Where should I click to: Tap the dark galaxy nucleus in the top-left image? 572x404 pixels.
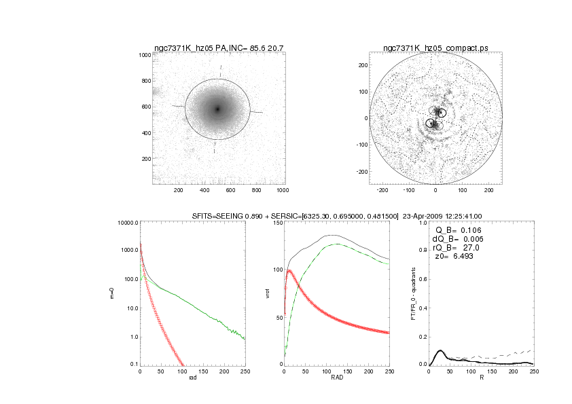[x=218, y=109]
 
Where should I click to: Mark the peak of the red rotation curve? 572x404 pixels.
[x=290, y=271]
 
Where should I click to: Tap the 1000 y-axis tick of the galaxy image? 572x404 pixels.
[x=145, y=54]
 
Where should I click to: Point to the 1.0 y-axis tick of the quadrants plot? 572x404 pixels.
[x=422, y=223]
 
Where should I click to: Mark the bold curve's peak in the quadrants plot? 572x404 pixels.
[x=440, y=351]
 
